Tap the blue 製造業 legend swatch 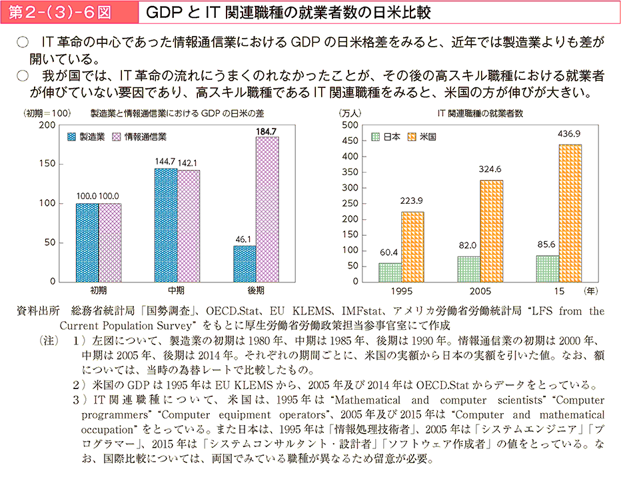click(73, 137)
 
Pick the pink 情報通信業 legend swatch click(117, 137)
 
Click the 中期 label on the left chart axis click(177, 290)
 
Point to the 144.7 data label click(165, 162)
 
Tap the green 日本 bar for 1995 click(390, 272)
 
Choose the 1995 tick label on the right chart click(401, 291)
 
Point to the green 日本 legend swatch click(375, 137)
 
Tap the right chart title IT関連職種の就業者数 click(480, 113)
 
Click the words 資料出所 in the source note click(37, 311)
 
